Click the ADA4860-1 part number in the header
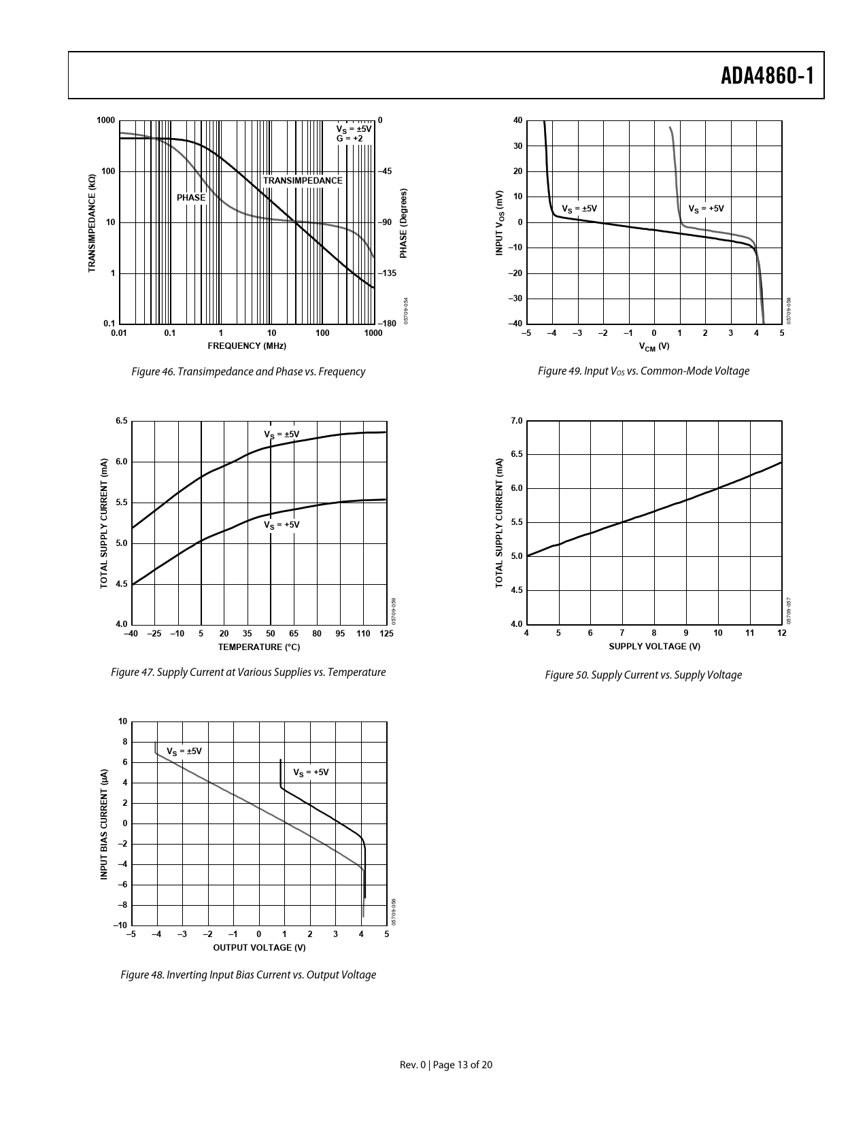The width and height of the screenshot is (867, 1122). pos(767,76)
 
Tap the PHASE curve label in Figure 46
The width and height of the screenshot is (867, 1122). pos(191,198)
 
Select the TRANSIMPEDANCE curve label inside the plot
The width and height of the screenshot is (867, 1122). pos(303,181)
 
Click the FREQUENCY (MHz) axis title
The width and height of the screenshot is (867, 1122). pos(247,346)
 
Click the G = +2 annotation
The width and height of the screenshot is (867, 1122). pos(350,139)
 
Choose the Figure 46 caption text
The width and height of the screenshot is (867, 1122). pos(248,372)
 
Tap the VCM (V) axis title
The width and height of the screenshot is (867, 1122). pos(654,347)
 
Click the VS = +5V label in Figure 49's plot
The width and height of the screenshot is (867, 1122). pos(706,209)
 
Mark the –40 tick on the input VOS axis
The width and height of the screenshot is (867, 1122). pos(515,324)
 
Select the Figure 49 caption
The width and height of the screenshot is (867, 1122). pos(643,371)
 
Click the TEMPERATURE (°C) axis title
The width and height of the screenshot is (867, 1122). pos(258,647)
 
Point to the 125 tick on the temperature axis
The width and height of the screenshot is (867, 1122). pos(386,634)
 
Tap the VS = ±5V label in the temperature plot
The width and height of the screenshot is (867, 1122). pos(282,435)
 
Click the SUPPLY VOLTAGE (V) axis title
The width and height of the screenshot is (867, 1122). pos(654,647)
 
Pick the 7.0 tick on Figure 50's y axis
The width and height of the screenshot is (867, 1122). pos(516,421)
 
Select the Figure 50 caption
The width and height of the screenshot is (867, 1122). pos(643,675)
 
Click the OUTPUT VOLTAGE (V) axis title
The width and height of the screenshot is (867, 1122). pos(259,947)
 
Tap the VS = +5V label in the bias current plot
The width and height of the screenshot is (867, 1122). pos(311,773)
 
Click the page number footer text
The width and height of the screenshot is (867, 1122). pos(446,1065)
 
